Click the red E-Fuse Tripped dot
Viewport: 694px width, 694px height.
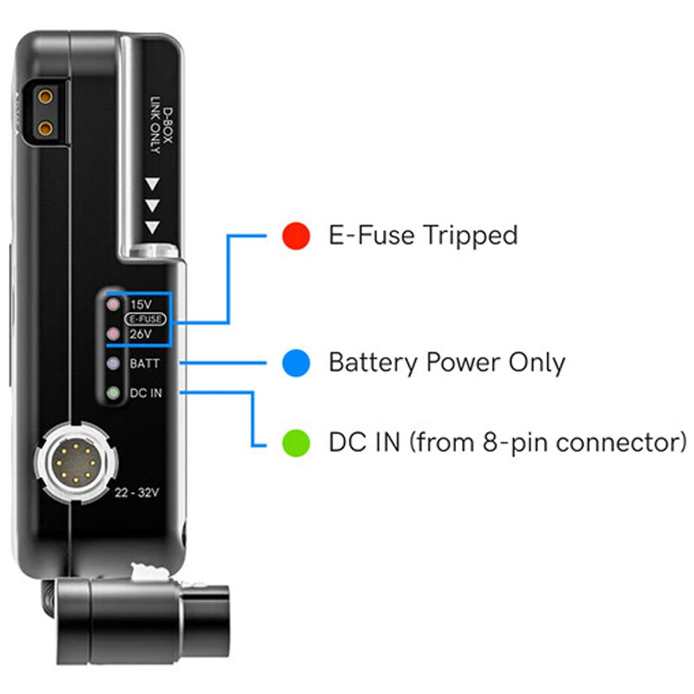point(296,235)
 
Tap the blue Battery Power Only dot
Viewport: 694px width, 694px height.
point(296,363)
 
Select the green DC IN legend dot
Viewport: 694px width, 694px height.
point(296,443)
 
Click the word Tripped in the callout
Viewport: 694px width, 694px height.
point(470,236)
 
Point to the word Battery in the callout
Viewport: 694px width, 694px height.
point(373,362)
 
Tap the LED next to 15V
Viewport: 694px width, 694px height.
point(114,305)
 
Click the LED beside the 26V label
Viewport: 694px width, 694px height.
point(114,334)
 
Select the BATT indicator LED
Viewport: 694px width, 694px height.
point(114,364)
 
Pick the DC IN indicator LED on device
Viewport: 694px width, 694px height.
point(114,393)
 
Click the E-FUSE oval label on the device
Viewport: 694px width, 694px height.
point(146,319)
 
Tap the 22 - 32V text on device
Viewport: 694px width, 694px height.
point(137,493)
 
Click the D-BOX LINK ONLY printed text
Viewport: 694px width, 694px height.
point(161,128)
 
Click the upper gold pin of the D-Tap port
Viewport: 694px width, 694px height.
point(45,96)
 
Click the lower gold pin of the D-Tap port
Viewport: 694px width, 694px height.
point(45,129)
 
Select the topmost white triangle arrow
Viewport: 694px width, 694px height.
point(153,184)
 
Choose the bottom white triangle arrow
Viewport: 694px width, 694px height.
point(153,228)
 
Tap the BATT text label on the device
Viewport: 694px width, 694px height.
point(145,364)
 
